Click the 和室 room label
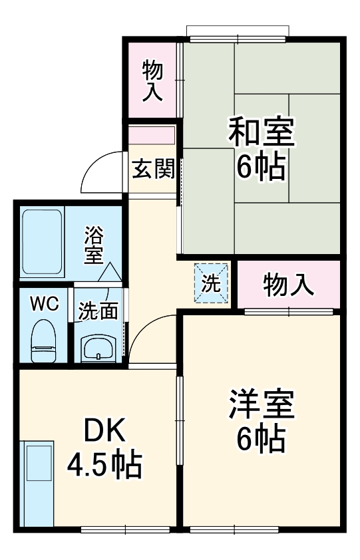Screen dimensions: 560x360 261,131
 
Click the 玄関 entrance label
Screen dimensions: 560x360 153,170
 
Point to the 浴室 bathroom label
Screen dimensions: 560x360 94,244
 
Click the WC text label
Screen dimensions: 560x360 43,304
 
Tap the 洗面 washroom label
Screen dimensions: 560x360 98,311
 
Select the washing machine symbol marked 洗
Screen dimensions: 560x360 211,284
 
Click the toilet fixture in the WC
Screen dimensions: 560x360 44,339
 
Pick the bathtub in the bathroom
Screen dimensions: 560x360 41,241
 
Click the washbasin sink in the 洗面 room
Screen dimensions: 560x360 98,347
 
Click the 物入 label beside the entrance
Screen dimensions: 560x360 153,80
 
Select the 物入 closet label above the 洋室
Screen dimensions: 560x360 288,285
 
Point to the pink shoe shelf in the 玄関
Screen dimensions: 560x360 152,134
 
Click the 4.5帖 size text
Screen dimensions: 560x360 104,465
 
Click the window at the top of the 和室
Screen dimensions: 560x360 238,31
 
